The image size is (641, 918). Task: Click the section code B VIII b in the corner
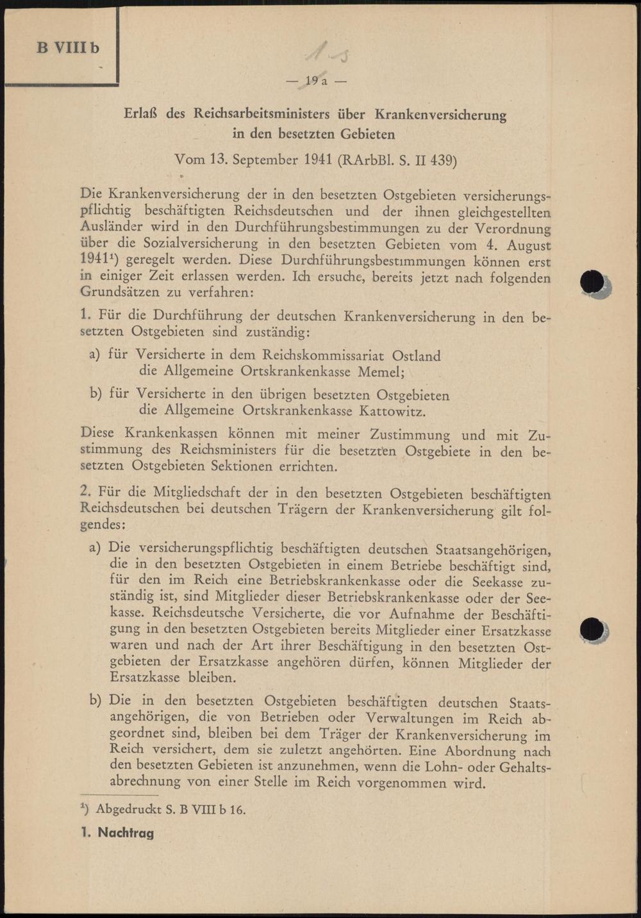tap(68, 48)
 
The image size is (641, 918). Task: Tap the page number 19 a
tap(316, 81)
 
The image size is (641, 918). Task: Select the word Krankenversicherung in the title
tap(440, 115)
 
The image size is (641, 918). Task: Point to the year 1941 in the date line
tap(310, 160)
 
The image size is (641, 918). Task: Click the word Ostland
tap(416, 355)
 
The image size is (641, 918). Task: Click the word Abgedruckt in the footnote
tap(129, 809)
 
